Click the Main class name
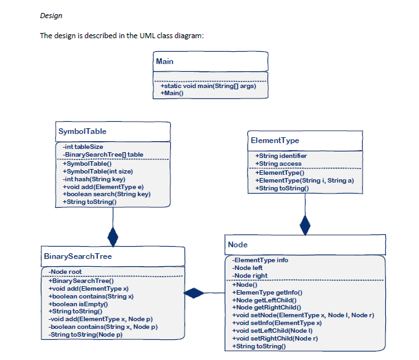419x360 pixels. [164, 62]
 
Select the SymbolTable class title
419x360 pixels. [82, 131]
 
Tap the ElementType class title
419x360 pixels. [275, 140]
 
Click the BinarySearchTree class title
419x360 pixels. [78, 256]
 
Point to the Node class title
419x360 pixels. [238, 245]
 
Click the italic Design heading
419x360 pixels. [51, 15]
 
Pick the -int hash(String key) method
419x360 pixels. [94, 179]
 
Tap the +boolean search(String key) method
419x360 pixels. [106, 194]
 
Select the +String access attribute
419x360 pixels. [278, 164]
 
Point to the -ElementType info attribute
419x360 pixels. [261, 260]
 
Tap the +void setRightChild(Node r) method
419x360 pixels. [275, 339]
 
